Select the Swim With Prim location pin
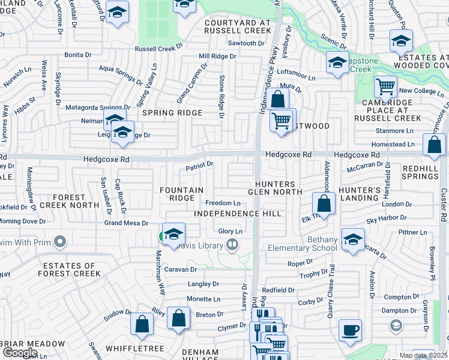coord(59,242)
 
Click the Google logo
coord(19,353)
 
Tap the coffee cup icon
coord(351,329)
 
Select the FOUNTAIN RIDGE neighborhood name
coord(181,194)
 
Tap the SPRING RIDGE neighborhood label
coord(171,113)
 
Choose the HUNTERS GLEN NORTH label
coord(275,188)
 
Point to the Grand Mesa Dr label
coord(126,223)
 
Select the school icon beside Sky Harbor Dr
coord(353,239)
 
